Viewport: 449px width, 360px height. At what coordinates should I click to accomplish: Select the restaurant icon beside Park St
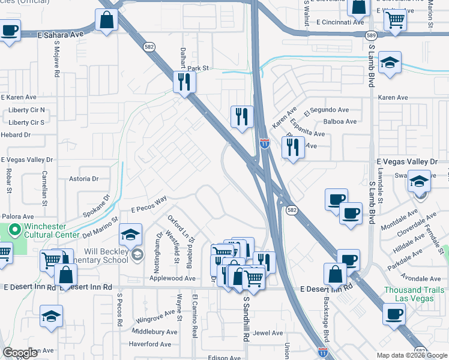tap(184, 81)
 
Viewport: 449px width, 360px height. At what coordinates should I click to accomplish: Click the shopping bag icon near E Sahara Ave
tap(106, 19)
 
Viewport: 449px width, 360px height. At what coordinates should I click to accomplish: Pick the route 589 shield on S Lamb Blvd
tap(371, 36)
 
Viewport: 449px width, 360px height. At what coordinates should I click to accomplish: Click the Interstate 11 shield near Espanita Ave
tap(264, 143)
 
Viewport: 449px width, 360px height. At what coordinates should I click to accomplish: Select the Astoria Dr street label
tap(83, 179)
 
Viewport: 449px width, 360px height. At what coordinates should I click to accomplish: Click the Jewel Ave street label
tap(268, 333)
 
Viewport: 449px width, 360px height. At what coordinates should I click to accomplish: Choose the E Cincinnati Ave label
tap(336, 22)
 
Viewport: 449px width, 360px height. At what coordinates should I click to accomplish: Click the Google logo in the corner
tap(20, 353)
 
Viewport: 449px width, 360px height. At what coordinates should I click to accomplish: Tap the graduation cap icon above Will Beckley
tap(130, 235)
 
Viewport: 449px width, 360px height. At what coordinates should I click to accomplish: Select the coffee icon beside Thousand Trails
tap(394, 313)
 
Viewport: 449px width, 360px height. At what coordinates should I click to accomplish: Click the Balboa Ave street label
tap(340, 121)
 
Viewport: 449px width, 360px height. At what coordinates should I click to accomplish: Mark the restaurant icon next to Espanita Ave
tap(292, 147)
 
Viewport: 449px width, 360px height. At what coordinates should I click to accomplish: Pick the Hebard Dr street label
tap(16, 135)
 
